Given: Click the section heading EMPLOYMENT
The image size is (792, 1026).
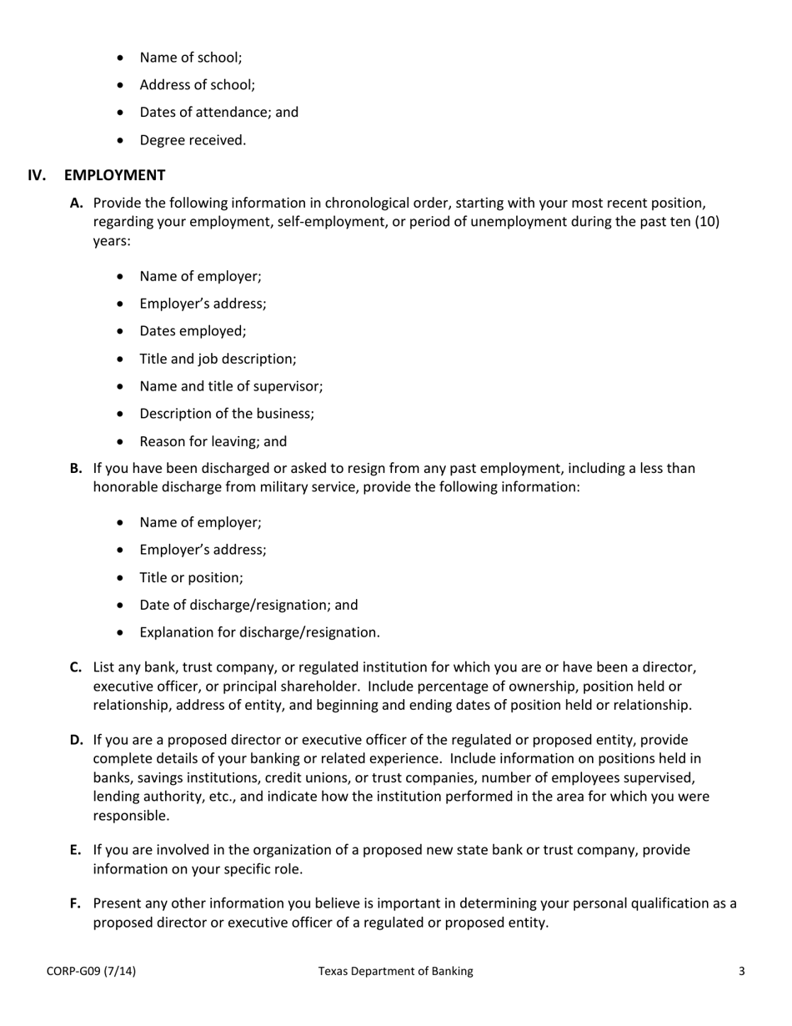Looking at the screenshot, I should tap(114, 175).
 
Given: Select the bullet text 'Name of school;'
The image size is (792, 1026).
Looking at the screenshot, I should tap(191, 58).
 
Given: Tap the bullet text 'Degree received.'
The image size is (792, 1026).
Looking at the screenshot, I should tap(193, 140).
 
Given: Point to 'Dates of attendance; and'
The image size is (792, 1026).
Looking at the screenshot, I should tap(218, 112).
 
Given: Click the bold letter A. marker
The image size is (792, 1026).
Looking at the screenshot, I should tap(77, 203).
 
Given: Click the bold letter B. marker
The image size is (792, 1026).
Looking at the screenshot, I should tap(76, 469).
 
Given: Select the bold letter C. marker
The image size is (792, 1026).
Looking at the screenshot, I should tap(76, 667).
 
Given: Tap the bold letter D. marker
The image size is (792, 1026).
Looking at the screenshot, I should tap(77, 740).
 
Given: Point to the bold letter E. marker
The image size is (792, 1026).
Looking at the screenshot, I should tap(76, 850).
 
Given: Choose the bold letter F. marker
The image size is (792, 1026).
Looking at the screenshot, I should tap(76, 903).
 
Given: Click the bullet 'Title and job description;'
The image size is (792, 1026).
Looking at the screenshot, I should tap(218, 359).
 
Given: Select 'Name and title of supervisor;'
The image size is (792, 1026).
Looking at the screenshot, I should tap(231, 386).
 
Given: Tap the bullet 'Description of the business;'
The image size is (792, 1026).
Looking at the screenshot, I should tap(227, 414).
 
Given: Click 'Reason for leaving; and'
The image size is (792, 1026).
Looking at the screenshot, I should tap(213, 441).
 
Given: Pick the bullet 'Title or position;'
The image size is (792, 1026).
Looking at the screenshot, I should tap(191, 577).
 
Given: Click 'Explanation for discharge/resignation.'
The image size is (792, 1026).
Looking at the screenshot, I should tap(259, 632).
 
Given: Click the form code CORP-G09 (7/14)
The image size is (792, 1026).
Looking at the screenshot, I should tap(91, 971).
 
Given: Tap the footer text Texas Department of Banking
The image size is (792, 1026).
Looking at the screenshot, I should tap(395, 971).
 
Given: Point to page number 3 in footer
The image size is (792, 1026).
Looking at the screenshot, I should tap(741, 971).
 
